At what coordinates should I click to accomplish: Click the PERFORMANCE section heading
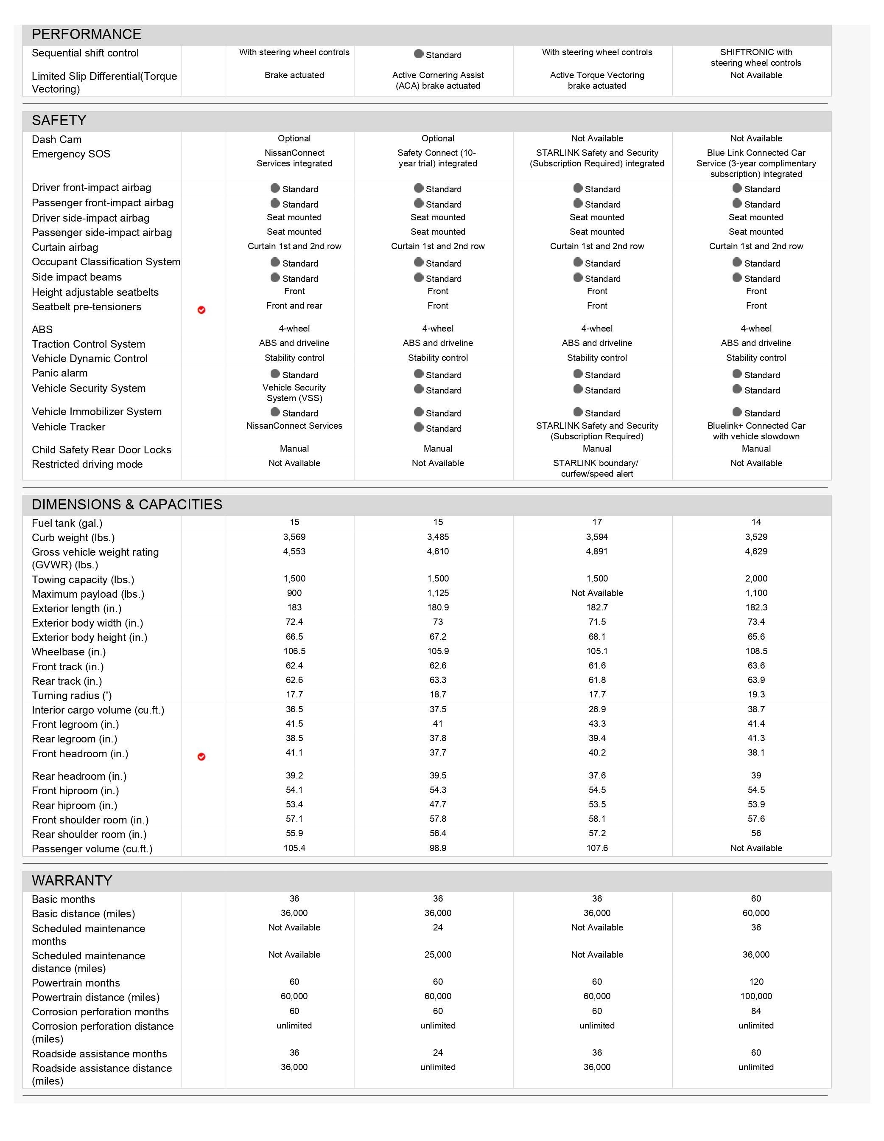(x=86, y=34)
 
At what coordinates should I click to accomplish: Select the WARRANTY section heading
(x=72, y=880)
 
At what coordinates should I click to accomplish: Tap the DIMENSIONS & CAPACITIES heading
(x=127, y=504)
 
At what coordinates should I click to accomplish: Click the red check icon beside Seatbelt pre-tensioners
(x=201, y=310)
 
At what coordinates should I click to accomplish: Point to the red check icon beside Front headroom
(x=201, y=756)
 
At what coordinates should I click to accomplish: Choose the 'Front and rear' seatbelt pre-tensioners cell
(x=294, y=306)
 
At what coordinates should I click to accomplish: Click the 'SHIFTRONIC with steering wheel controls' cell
(x=755, y=57)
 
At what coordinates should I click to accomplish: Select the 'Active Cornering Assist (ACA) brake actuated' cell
(x=438, y=81)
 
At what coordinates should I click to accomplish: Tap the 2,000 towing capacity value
(x=755, y=578)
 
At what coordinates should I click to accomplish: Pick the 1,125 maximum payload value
(x=438, y=593)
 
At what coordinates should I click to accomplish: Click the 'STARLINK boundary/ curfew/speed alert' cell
(x=597, y=468)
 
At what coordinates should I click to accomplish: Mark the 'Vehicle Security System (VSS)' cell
(x=294, y=393)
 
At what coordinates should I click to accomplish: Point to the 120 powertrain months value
(x=755, y=982)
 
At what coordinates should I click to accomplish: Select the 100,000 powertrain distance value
(x=755, y=996)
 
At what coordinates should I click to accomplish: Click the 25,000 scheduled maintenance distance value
(x=438, y=955)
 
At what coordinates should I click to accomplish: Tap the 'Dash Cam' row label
(x=56, y=140)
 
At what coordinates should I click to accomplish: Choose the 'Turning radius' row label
(x=72, y=695)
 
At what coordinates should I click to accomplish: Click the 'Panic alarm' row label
(x=59, y=373)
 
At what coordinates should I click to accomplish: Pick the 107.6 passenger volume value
(x=597, y=848)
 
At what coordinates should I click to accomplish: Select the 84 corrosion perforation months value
(x=755, y=1011)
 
